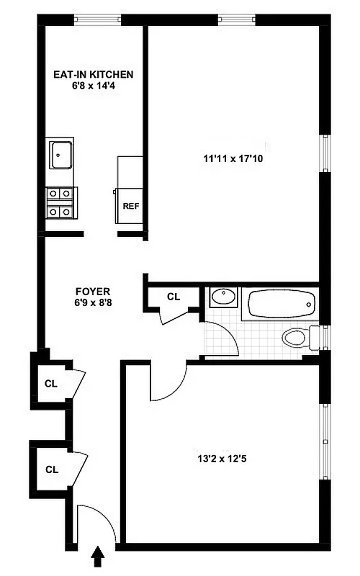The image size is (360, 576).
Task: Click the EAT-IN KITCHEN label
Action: pyautogui.click(x=94, y=74)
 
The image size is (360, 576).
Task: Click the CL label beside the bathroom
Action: pyautogui.click(x=174, y=297)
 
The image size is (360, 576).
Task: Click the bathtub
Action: pyautogui.click(x=281, y=305)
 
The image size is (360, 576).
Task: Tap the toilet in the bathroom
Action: pyautogui.click(x=297, y=336)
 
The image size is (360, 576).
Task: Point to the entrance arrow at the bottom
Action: pyautogui.click(x=99, y=555)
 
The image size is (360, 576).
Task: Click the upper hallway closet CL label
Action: pyautogui.click(x=51, y=383)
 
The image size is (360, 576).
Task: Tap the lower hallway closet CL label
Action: pyautogui.click(x=51, y=469)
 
